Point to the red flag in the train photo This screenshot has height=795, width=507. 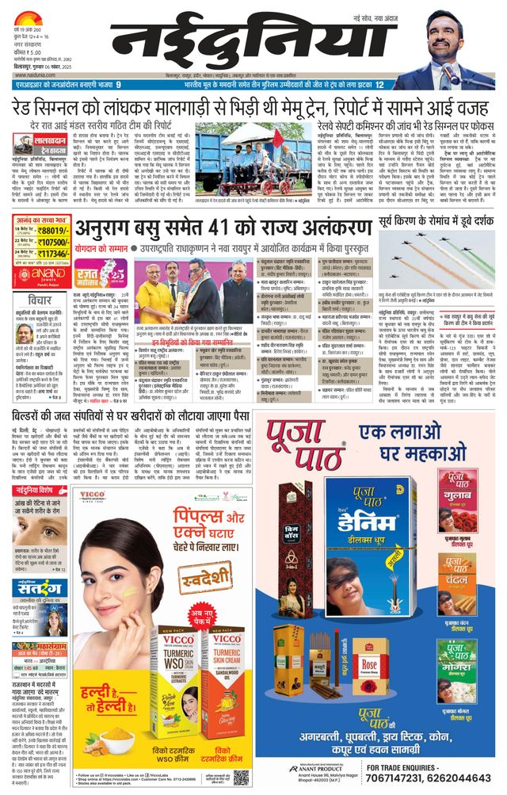(x=278, y=140)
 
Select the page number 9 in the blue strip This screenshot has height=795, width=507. (x=118, y=85)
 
